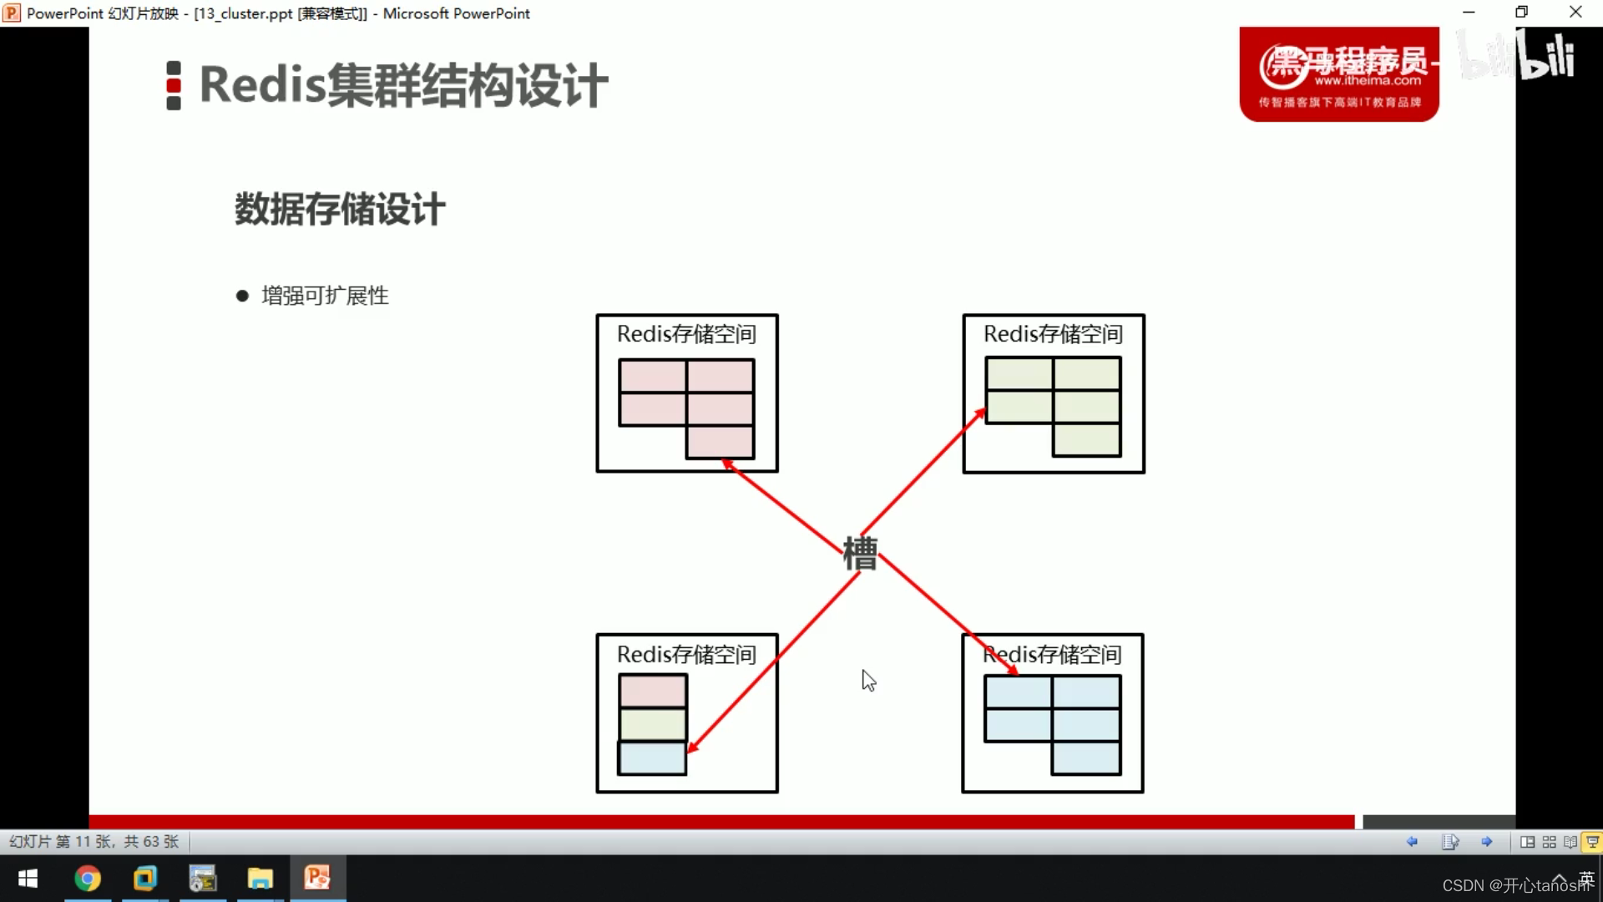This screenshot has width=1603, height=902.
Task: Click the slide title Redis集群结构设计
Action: [403, 85]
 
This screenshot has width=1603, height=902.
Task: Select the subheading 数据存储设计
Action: [340, 209]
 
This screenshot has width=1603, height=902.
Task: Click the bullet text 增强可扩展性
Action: [325, 296]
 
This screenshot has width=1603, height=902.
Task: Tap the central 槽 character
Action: [860, 554]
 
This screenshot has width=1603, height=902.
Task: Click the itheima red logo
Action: [1338, 74]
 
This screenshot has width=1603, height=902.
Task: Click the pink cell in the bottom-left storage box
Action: [652, 692]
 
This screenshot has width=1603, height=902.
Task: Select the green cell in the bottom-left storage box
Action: [652, 724]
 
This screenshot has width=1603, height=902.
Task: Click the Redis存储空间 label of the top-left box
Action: [686, 334]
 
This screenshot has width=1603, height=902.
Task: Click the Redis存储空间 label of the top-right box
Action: [1053, 334]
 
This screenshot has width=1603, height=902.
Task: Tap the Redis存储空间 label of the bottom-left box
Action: [686, 655]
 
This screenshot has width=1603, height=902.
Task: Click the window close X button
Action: [1575, 13]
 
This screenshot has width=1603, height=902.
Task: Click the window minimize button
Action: [1469, 13]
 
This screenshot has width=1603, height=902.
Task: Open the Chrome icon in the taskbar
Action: [88, 879]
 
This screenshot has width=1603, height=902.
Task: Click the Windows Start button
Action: [28, 879]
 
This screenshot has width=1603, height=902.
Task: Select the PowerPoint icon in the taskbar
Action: [317, 879]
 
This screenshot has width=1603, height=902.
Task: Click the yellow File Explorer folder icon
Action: [260, 879]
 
